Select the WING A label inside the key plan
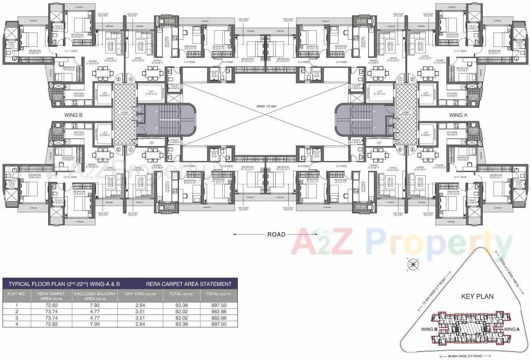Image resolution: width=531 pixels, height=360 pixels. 512,329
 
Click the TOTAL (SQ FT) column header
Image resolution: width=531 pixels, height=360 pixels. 216,294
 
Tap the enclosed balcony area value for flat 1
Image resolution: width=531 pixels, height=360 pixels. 95,305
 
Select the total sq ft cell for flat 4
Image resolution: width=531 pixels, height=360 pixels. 216,324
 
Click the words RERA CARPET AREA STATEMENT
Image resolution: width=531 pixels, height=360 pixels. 189,284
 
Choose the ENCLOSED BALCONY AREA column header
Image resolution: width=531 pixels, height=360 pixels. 95,296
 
